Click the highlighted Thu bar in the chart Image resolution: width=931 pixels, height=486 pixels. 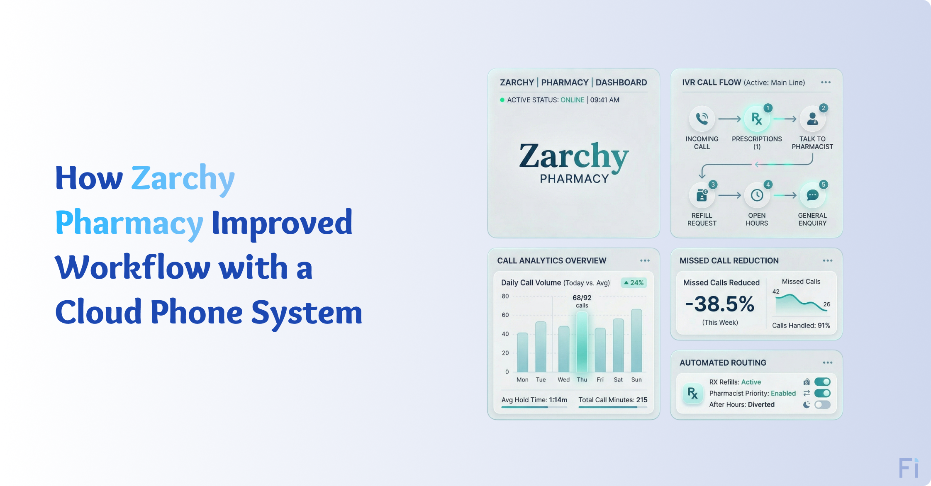coord(582,342)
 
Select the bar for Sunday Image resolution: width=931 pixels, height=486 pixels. coord(636,340)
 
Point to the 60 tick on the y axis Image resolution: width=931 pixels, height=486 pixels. coord(505,315)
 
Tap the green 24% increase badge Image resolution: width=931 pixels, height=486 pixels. coord(634,283)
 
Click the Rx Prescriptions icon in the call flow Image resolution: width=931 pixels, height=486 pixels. coord(757,119)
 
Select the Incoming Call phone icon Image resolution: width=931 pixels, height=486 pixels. coord(702,119)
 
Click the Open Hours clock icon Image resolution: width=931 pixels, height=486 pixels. coord(757,195)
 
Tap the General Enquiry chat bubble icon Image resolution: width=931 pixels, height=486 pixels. coord(812,195)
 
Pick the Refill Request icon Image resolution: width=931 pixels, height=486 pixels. coord(702,195)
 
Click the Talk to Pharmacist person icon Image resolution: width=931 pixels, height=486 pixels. coord(812,119)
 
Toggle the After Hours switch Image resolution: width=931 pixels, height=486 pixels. coord(822,405)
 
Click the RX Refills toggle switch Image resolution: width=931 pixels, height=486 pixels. coord(822,382)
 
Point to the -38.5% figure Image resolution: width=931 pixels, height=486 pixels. coord(720,304)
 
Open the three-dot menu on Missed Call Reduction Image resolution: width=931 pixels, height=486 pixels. coord(827,260)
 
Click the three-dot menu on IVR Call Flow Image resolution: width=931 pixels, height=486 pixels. coord(826,83)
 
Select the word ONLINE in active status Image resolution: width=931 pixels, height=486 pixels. coord(572,100)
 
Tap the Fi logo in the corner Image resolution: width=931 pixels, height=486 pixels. coord(909,468)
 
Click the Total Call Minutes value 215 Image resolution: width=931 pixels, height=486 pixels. coord(642,400)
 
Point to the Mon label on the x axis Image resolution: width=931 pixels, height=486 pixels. coord(522,380)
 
